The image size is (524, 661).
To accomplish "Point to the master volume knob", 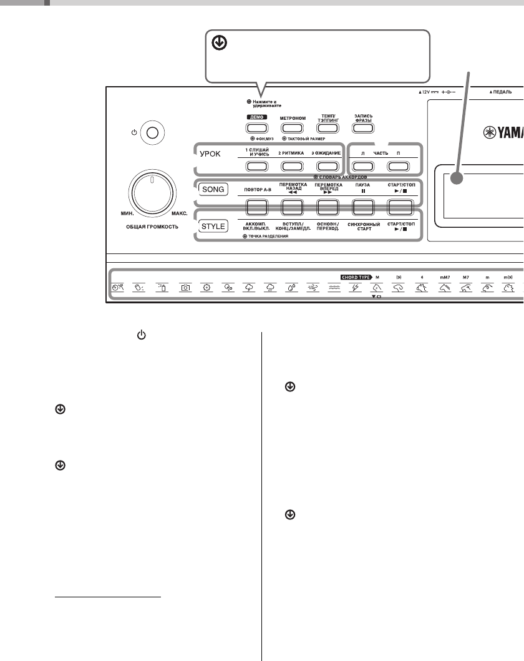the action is (150, 195).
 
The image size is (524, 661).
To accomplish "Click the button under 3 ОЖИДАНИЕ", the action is (326, 166).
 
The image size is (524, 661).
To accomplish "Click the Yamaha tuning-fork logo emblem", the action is (492, 132).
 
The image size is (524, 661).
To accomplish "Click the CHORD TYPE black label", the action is (356, 276).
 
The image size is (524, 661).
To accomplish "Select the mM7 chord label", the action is (444, 276).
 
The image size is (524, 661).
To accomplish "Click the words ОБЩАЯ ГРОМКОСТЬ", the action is (150, 227).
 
